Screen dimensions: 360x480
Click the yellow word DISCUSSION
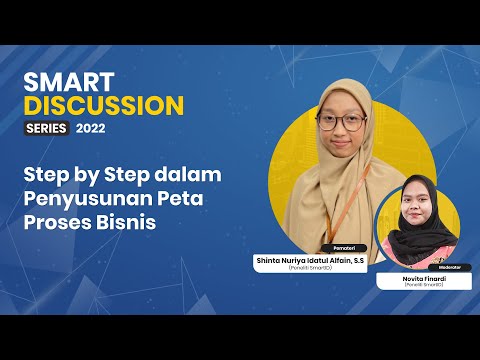pyautogui.click(x=105, y=106)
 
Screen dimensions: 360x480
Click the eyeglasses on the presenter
pyautogui.click(x=340, y=123)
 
